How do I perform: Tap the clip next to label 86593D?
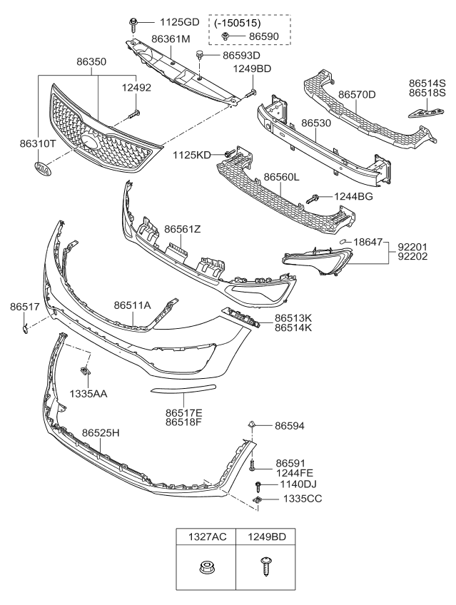201,54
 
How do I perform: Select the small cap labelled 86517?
25,327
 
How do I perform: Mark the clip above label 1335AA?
85,372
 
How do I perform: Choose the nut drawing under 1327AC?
206,569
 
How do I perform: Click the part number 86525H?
101,433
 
